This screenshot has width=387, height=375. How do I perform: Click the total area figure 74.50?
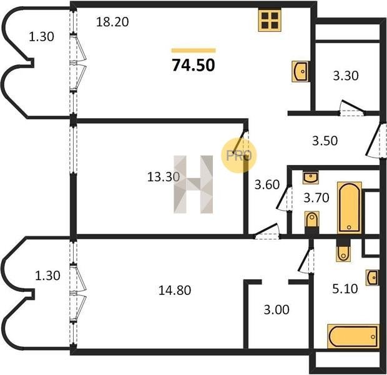click(x=193, y=65)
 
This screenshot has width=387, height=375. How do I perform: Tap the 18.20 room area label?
click(x=112, y=22)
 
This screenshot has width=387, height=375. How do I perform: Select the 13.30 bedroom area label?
click(x=163, y=177)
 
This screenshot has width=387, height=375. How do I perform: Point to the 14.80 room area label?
click(x=175, y=290)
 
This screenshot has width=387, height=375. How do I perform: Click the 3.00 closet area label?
click(x=277, y=310)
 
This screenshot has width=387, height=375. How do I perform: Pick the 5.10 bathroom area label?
click(x=345, y=289)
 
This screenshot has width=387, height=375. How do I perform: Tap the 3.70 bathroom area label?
click(x=316, y=197)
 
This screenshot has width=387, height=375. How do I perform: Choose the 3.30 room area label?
click(x=346, y=76)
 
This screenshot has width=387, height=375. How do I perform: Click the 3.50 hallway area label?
click(x=325, y=141)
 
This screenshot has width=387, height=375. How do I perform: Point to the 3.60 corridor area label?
click(x=267, y=184)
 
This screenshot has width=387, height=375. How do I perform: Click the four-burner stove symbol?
click(x=270, y=20)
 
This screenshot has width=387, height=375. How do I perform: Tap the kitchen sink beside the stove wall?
click(x=300, y=71)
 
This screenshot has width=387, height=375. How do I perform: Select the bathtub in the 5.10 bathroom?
click(x=353, y=336)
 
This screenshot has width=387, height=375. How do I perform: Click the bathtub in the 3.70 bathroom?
click(x=350, y=208)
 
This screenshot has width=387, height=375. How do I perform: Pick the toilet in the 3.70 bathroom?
click(x=312, y=219)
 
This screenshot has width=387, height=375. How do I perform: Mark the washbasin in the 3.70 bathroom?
click(x=310, y=177)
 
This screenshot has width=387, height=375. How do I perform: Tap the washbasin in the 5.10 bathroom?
click(x=373, y=278)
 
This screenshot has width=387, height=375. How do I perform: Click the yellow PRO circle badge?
click(x=238, y=156)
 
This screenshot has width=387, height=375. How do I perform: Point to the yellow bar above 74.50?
click(x=193, y=51)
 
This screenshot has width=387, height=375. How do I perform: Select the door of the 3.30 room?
click(x=353, y=108)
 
